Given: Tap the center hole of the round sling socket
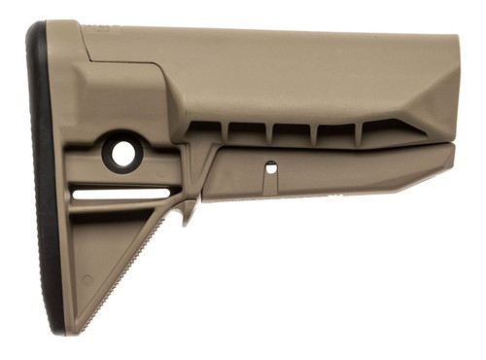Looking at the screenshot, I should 123,153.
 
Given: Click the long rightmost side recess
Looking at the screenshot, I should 394,129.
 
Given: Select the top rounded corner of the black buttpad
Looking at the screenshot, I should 36,29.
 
